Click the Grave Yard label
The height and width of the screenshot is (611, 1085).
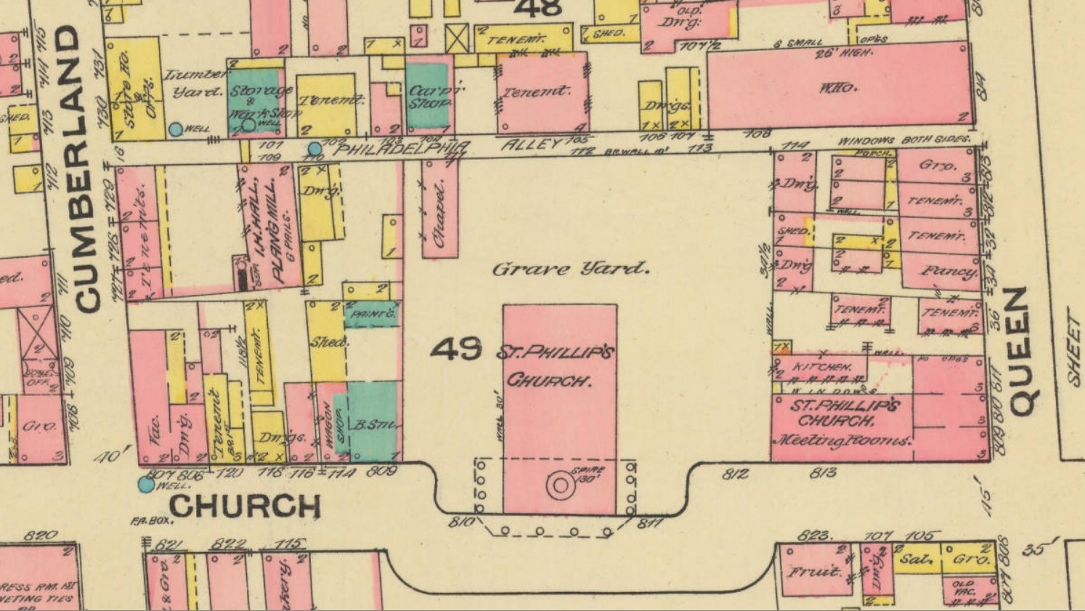click(x=570, y=269)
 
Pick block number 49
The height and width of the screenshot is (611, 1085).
click(x=455, y=349)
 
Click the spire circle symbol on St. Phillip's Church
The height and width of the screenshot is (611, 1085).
click(x=561, y=485)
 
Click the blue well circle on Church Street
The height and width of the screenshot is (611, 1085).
click(x=146, y=485)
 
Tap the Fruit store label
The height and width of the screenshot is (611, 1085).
click(x=816, y=571)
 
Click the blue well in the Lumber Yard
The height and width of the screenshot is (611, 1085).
click(x=175, y=129)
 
